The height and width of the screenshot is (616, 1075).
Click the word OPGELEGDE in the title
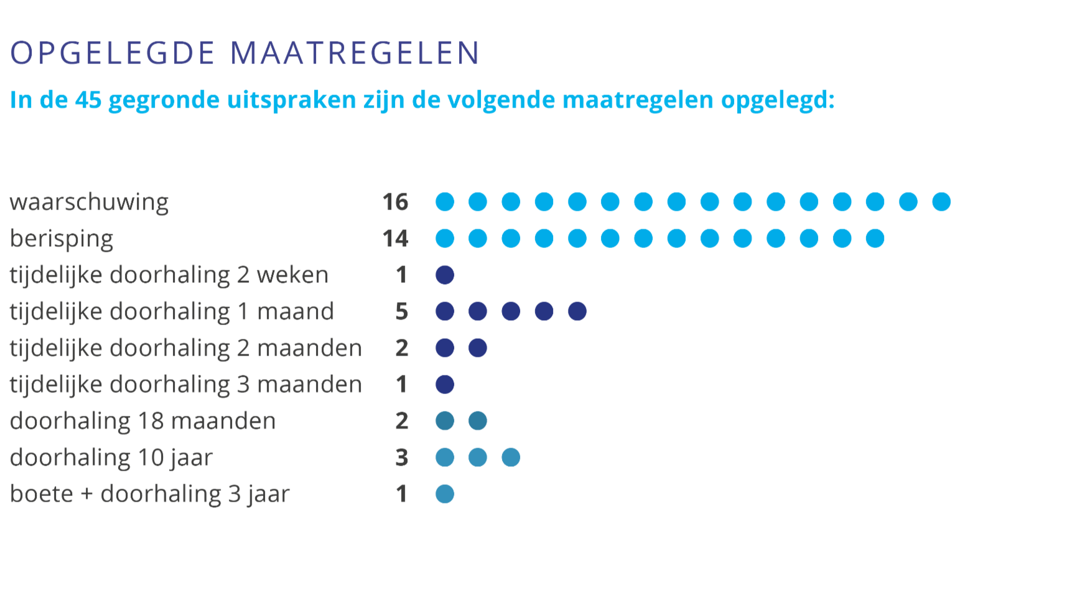pyautogui.click(x=113, y=53)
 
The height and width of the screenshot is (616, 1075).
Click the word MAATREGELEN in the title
pyautogui.click(x=355, y=53)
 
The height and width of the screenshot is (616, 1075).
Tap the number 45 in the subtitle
pyautogui.click(x=88, y=100)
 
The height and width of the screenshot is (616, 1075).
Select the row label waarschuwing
pyautogui.click(x=90, y=202)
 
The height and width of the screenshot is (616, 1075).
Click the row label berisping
pyautogui.click(x=62, y=239)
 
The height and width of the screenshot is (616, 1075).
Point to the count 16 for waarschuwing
pyautogui.click(x=395, y=202)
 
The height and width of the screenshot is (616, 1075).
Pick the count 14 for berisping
pyautogui.click(x=395, y=239)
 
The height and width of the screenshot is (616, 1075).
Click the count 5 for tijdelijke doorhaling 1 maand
pyautogui.click(x=402, y=311)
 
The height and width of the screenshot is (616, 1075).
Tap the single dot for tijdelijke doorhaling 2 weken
pyautogui.click(x=445, y=275)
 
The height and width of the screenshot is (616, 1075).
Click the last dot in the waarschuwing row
pyautogui.click(x=941, y=202)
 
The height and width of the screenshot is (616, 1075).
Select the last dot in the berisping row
pyautogui.click(x=875, y=239)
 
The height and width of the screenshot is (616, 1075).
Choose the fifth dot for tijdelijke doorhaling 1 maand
pyautogui.click(x=577, y=311)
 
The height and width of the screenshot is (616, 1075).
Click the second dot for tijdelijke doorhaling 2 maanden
pyautogui.click(x=478, y=348)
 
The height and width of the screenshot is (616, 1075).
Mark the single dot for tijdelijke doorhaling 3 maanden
pyautogui.click(x=445, y=385)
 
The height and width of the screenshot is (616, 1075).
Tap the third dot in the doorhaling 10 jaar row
pyautogui.click(x=511, y=457)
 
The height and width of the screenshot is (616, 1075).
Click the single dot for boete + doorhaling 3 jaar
pyautogui.click(x=445, y=494)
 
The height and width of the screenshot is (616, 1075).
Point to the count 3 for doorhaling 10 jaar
pyautogui.click(x=402, y=457)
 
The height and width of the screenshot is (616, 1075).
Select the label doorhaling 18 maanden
pyautogui.click(x=143, y=421)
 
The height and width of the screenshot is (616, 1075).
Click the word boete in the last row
pyautogui.click(x=42, y=494)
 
